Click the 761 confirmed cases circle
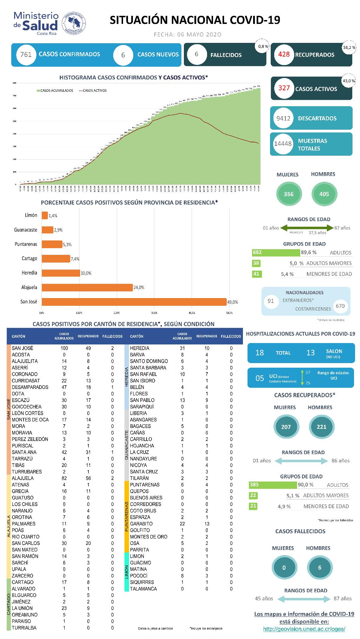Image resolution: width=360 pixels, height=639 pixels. (x=26, y=54)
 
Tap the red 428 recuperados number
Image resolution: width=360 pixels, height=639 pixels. (x=284, y=54)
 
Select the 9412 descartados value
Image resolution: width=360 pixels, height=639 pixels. (x=283, y=118)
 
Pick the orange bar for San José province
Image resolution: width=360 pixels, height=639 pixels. (x=134, y=302)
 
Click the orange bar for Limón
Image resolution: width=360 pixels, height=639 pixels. (x=45, y=215)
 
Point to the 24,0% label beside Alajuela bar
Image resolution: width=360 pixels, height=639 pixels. (x=139, y=288)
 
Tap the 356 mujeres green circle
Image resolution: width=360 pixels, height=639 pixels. (x=289, y=194)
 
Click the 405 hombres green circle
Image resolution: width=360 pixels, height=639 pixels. (x=324, y=194)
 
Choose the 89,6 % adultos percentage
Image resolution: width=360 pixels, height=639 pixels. (x=309, y=252)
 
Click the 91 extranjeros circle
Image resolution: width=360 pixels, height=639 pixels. (x=271, y=301)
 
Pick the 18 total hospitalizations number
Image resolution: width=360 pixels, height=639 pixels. (x=259, y=353)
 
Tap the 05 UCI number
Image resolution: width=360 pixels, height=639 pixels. (x=259, y=378)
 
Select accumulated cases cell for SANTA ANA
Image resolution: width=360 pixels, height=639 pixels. (x=64, y=452)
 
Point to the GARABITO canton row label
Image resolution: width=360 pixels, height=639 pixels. (x=141, y=524)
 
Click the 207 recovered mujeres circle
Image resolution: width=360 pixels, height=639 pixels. (x=286, y=427)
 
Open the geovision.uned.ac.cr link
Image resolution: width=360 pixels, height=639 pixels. (x=304, y=629)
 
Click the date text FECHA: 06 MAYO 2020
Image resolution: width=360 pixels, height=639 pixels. (x=188, y=34)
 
